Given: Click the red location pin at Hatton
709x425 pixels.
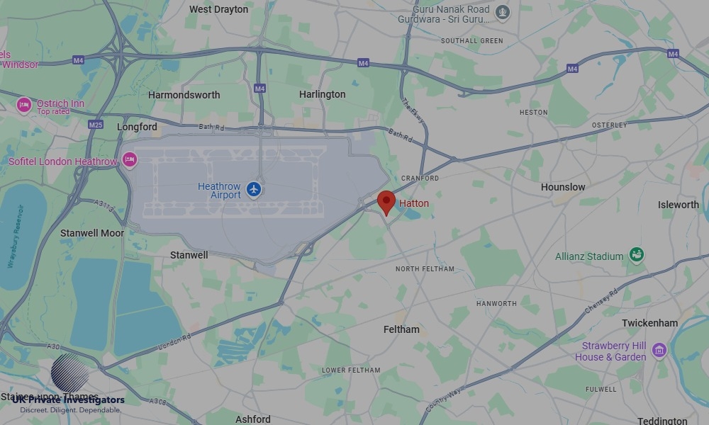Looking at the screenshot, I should [386, 201].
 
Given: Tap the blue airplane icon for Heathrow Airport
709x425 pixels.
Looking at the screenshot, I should [255, 190].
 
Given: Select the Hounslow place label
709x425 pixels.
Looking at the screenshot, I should [563, 187].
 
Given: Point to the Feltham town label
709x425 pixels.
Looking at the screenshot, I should [401, 329].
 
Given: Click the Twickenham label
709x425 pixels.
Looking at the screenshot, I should [649, 323].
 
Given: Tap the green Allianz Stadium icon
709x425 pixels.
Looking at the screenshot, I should [636, 254].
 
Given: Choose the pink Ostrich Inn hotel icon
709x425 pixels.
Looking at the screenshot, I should [24, 106].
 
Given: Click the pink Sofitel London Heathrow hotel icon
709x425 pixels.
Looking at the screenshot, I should [129, 161].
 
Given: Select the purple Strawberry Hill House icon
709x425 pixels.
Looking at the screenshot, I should [659, 350].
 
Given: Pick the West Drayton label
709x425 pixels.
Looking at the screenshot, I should [219, 9].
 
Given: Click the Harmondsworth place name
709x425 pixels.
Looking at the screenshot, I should [184, 95].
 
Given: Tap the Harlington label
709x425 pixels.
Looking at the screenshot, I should [322, 94].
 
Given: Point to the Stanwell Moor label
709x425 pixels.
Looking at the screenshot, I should [92, 233].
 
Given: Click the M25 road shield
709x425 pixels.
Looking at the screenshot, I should [96, 125].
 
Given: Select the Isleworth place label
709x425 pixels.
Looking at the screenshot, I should [678, 205].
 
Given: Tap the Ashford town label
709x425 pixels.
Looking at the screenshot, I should [253, 419].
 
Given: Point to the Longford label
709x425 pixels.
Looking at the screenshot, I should [137, 127].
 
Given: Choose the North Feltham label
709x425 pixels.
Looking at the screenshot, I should [425, 269].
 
